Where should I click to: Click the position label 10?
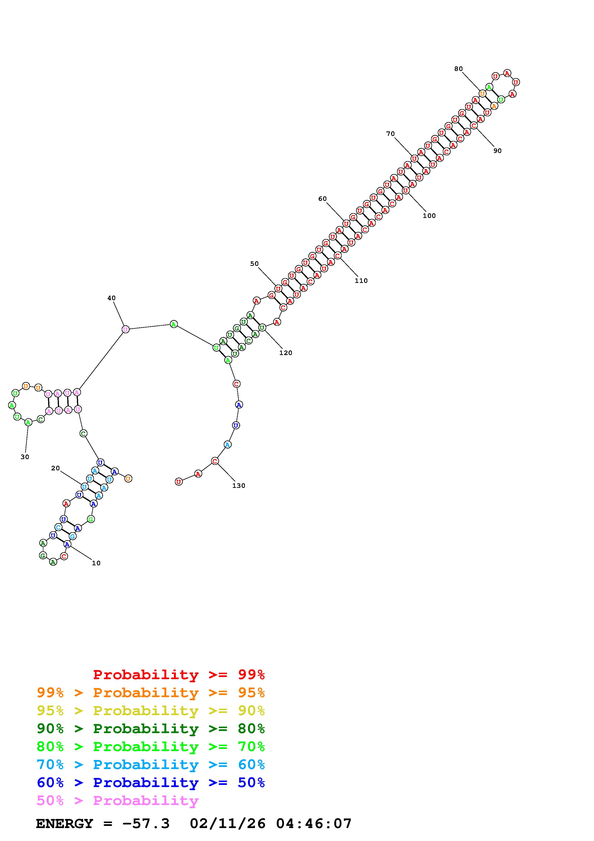[96, 563]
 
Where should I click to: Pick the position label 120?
[285, 353]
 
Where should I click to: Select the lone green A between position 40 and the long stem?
[174, 324]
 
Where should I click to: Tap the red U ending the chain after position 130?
[179, 482]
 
